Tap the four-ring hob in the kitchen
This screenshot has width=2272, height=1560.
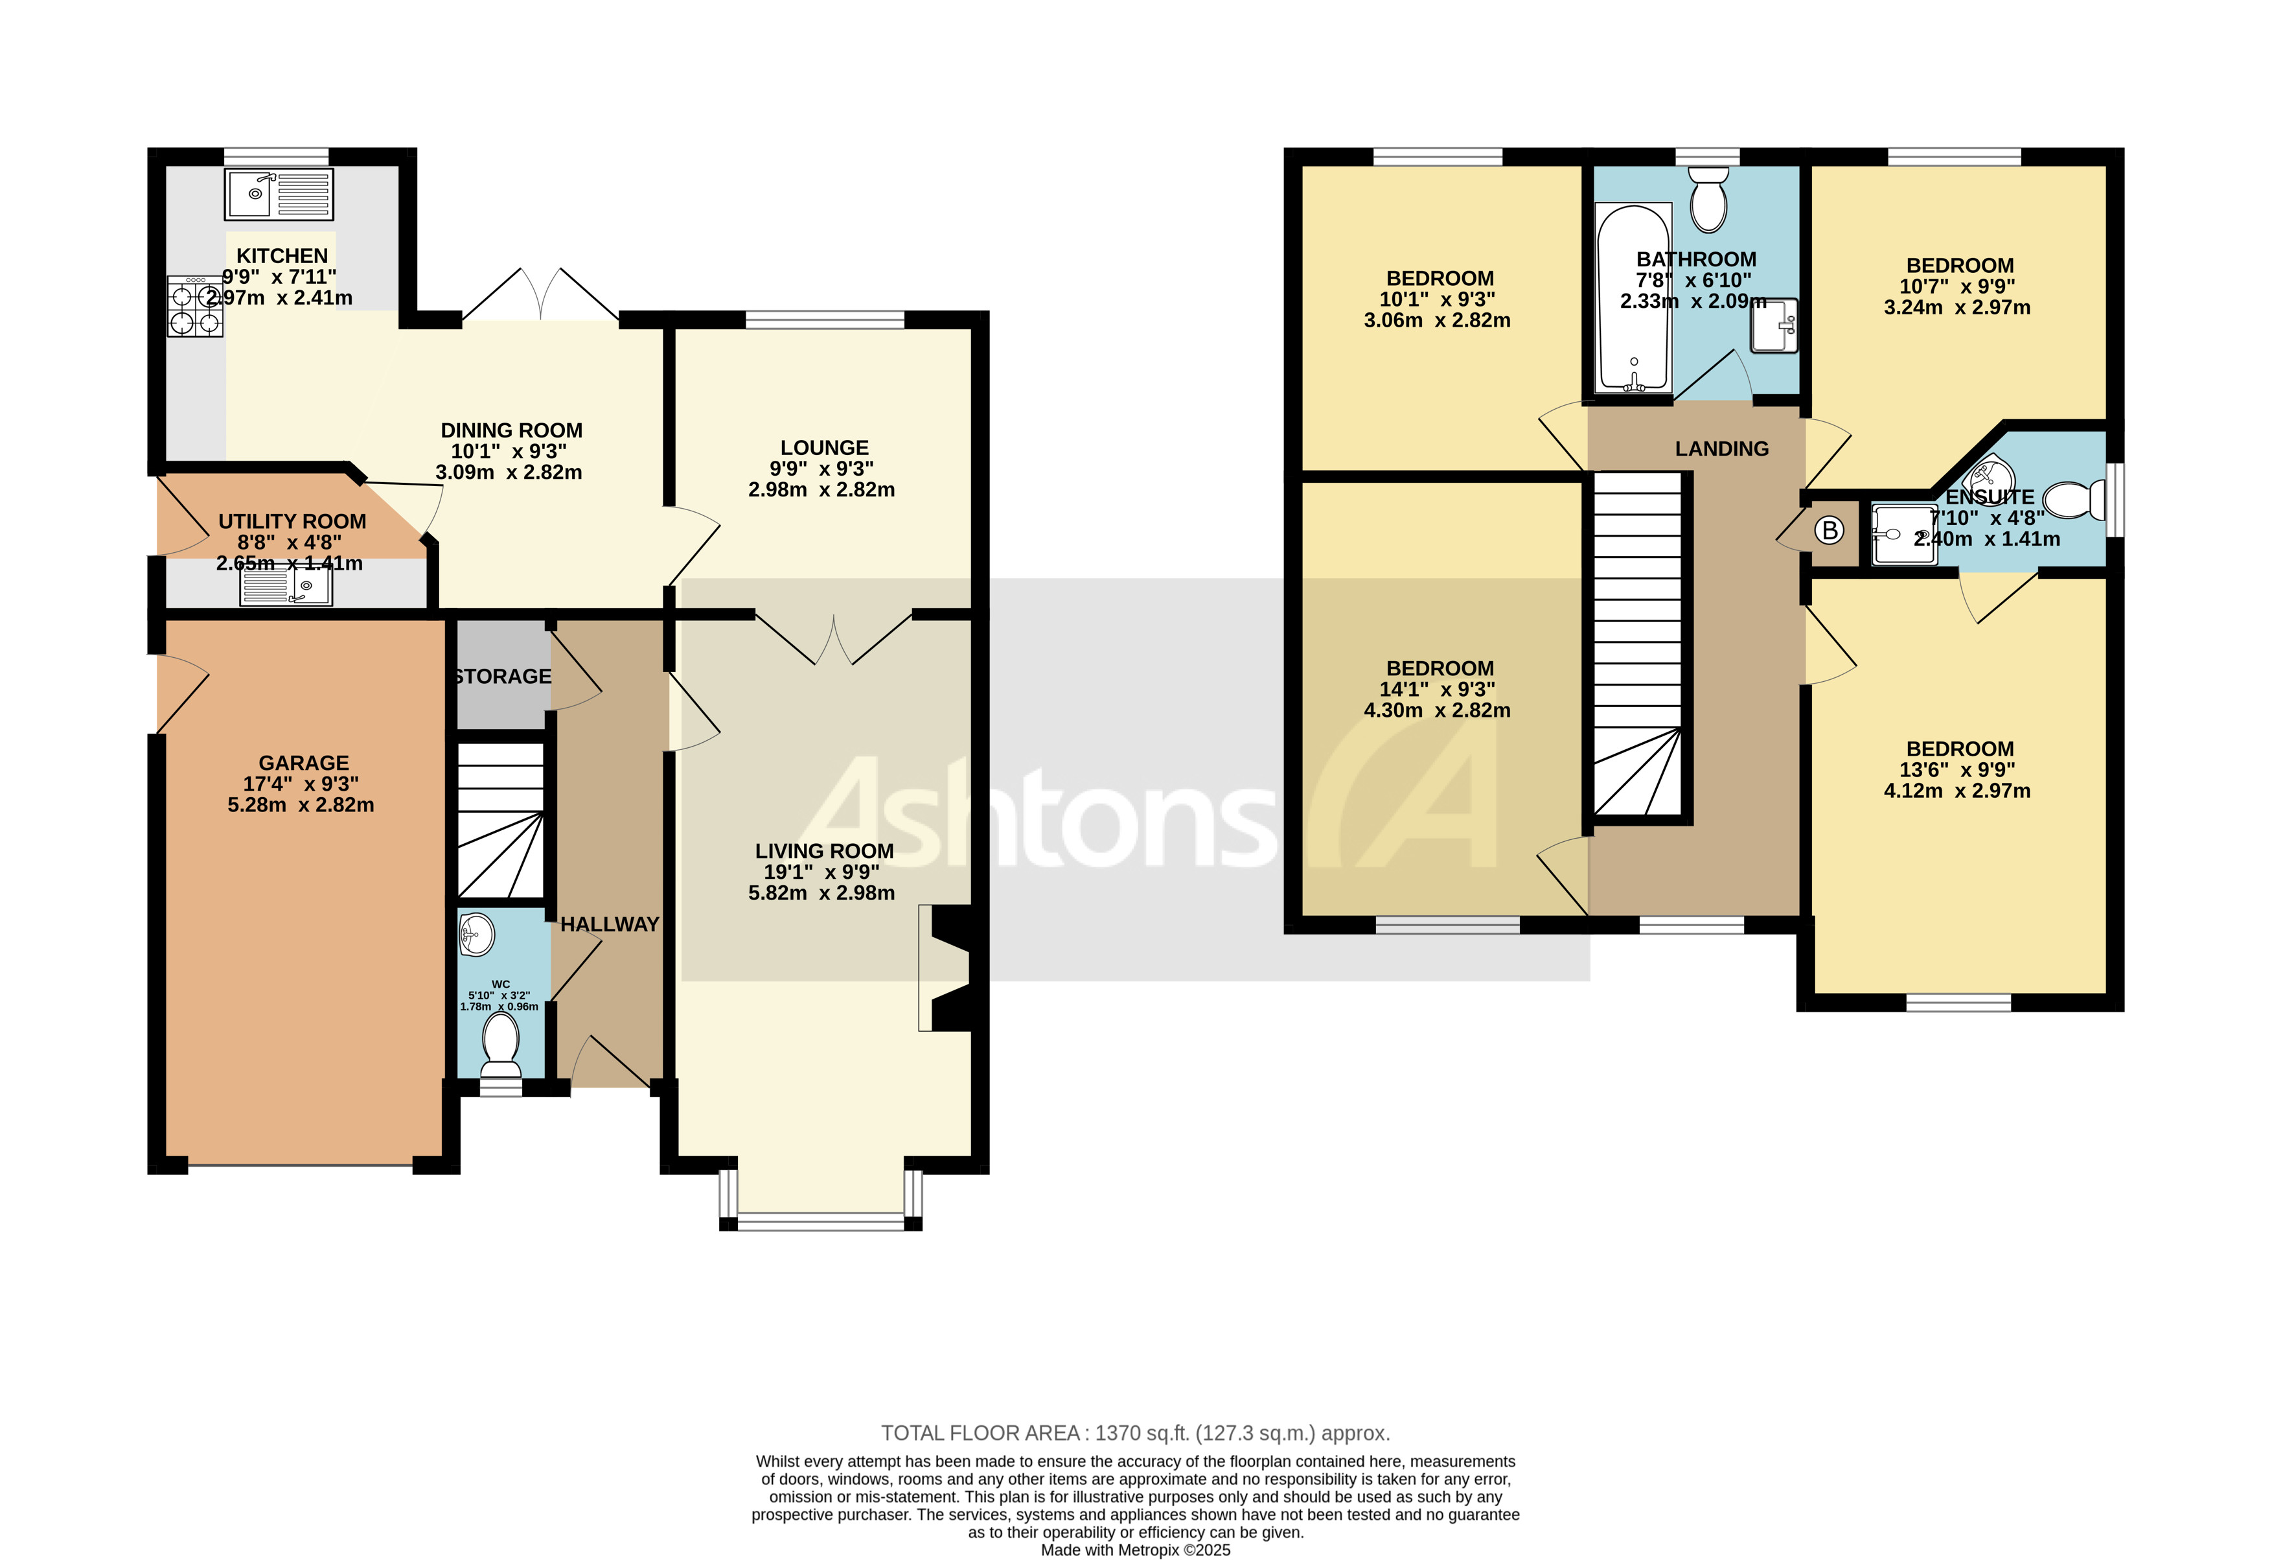[x=194, y=306]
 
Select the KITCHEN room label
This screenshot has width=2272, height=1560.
[x=282, y=256]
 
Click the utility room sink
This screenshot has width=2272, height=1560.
[x=286, y=586]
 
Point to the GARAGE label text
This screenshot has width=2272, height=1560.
[x=303, y=763]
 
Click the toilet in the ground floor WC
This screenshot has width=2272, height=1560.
[x=501, y=1039]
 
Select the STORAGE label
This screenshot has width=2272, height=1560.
[x=503, y=677]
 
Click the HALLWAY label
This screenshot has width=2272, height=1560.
[x=609, y=924]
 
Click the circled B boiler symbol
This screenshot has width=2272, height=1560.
[x=1829, y=531]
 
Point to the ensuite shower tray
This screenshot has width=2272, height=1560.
[x=1903, y=534]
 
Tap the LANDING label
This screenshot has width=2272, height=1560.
[x=1721, y=449]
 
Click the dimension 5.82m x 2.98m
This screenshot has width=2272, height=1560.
[x=821, y=893]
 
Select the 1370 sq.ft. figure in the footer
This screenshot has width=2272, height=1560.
[x=1141, y=1434]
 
